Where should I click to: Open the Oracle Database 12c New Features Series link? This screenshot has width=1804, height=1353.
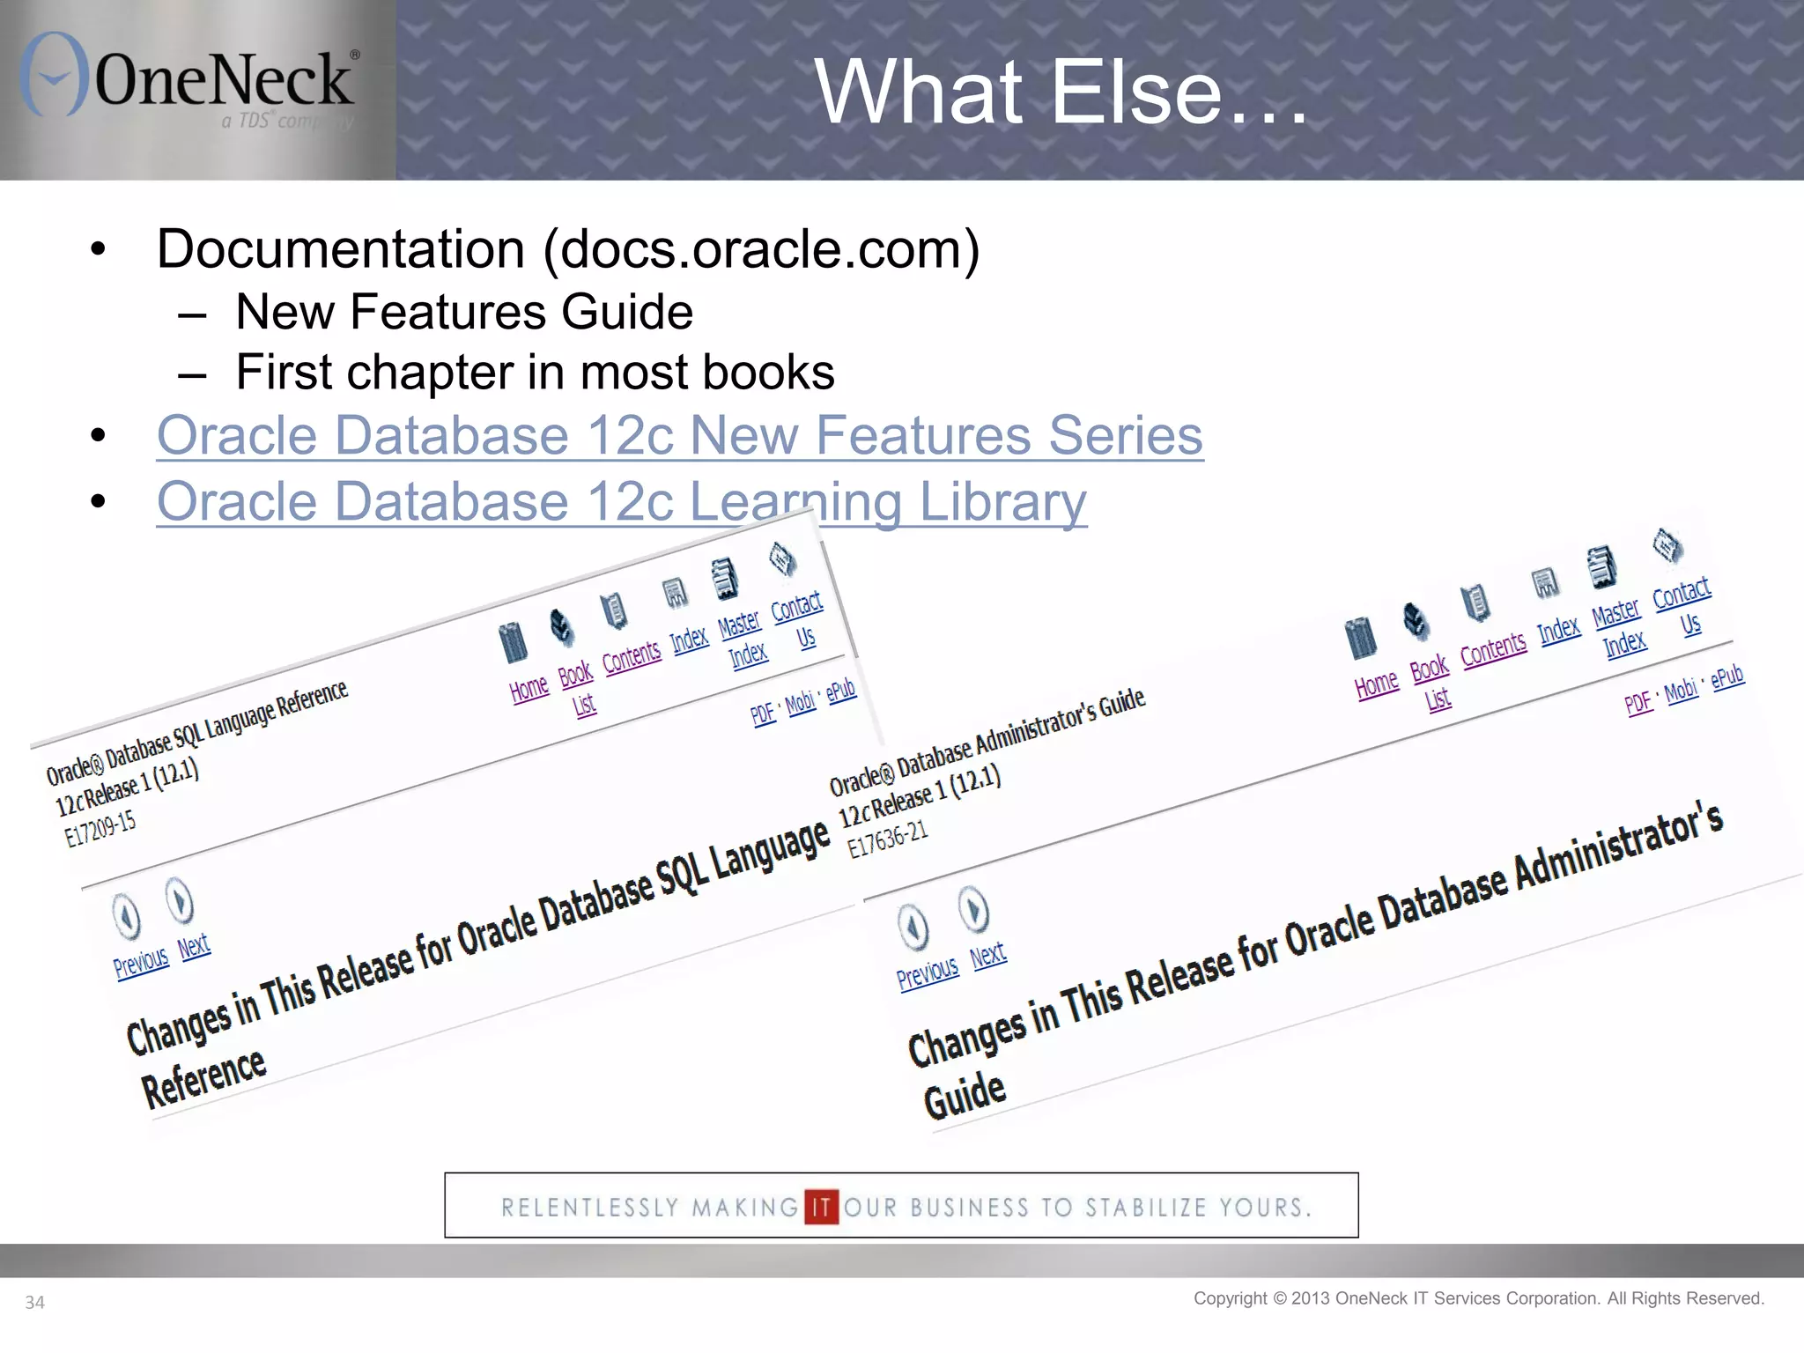pos(679,435)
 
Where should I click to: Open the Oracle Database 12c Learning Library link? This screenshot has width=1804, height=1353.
pos(621,501)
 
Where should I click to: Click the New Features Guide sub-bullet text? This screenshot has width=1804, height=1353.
pos(464,312)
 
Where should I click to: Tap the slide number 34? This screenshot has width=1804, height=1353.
pos(34,1302)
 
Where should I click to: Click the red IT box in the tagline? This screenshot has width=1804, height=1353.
pos(821,1206)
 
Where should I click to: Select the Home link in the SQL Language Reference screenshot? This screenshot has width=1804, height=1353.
pos(529,687)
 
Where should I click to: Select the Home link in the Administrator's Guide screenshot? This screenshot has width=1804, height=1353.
pos(1376,684)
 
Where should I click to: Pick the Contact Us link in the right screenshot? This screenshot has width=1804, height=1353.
pos(1682,607)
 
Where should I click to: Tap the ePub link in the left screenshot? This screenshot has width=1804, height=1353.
pos(841,690)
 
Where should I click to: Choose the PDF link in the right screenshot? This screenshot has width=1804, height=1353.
pos(1638,703)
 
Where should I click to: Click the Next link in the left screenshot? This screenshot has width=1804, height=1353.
pos(194,946)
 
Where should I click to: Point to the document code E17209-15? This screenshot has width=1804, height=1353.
pos(100,828)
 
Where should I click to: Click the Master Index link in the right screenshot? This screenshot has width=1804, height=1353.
pos(1619,627)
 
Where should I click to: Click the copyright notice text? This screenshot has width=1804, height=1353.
pos(1478,1298)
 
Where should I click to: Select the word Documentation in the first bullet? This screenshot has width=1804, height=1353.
pos(341,249)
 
